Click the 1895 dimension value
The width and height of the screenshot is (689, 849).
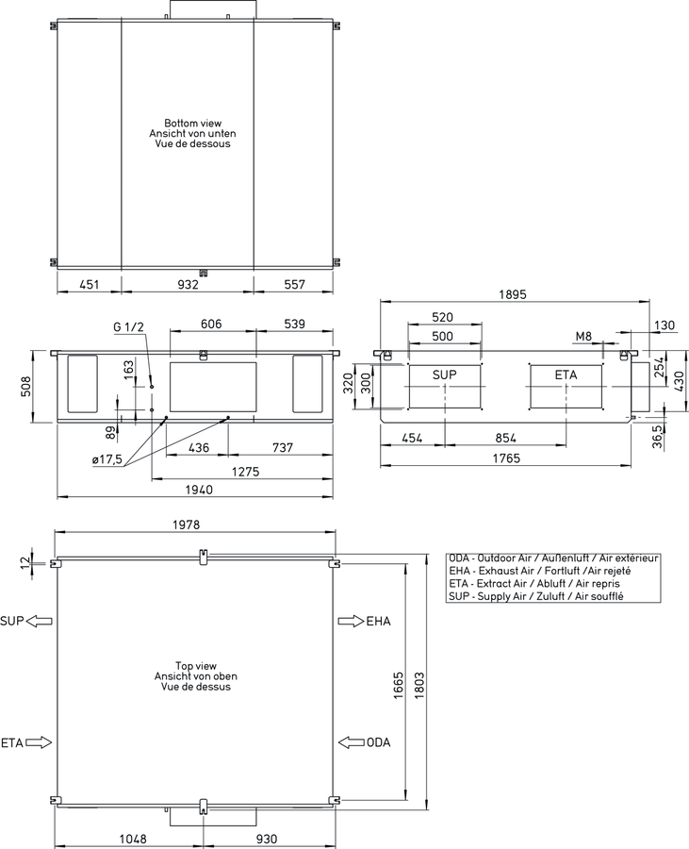[x=512, y=294]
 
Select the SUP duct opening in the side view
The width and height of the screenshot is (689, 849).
[x=445, y=387]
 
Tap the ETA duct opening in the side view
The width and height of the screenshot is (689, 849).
[x=566, y=387]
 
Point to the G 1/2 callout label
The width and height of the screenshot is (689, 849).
[x=129, y=326]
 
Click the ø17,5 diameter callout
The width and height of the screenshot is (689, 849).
[x=107, y=459]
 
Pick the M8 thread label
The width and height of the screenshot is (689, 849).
[x=583, y=337]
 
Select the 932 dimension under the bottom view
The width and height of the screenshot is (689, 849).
[x=188, y=284]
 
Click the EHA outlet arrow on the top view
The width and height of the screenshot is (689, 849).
[x=351, y=621]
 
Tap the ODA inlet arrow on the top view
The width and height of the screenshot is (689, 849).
[x=352, y=742]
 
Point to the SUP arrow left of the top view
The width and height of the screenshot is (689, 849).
[x=40, y=621]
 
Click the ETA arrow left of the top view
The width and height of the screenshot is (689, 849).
[x=39, y=742]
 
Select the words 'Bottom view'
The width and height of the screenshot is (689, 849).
[x=193, y=124]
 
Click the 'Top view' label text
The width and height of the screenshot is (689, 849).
[x=196, y=666]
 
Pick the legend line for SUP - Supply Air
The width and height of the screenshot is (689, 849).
[x=536, y=596]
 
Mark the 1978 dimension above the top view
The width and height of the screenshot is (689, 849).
[x=186, y=524]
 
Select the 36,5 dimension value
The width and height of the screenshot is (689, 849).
[x=657, y=436]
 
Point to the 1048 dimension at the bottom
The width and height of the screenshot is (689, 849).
[x=133, y=839]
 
